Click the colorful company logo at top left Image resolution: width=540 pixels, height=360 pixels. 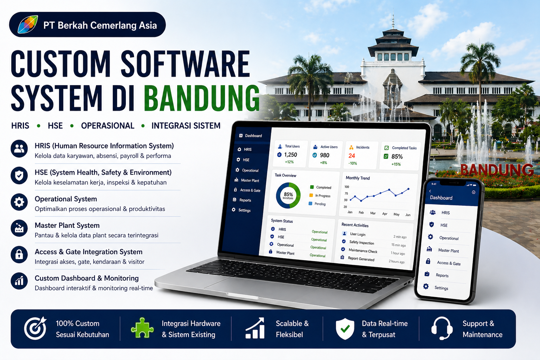(28, 25)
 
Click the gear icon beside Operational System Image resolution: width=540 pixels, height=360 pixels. (19, 202)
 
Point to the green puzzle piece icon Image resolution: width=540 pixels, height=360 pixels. (142, 328)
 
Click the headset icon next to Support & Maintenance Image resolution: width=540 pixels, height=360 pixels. (442, 328)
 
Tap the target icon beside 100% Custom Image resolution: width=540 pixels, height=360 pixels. (36, 328)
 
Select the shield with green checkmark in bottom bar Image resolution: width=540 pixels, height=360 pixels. (345, 328)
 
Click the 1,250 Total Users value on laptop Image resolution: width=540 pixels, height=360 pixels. (290, 155)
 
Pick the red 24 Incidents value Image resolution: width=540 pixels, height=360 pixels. (352, 156)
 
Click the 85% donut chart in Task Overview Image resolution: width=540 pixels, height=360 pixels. (288, 195)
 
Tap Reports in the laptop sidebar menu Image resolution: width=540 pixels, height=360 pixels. (245, 200)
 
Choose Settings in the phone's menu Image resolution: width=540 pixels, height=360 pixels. (441, 288)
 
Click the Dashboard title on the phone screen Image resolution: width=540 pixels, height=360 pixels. (441, 198)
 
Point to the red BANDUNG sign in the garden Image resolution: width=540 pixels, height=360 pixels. (497, 170)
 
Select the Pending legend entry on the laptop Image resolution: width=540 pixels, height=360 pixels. (320, 204)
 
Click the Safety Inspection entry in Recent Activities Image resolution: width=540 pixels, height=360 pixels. (361, 243)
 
